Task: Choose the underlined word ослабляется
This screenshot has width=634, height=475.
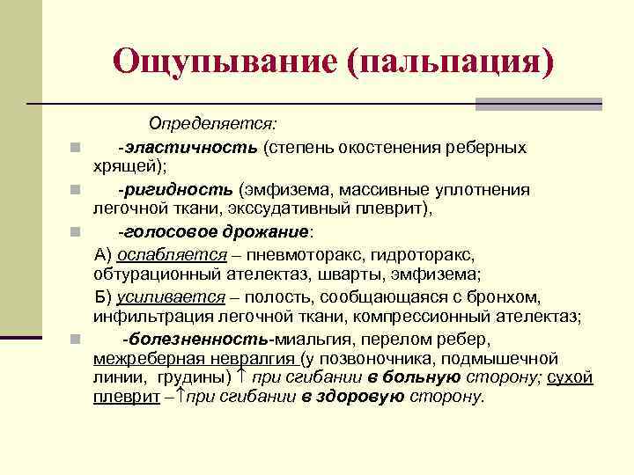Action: click(168, 255)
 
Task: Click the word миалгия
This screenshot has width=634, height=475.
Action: click(310, 339)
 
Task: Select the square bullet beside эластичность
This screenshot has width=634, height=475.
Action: click(77, 147)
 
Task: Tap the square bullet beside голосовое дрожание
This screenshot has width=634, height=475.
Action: click(77, 233)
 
